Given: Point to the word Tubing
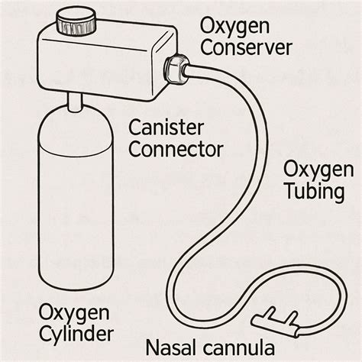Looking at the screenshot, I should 314,190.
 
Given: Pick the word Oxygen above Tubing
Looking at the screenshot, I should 318,167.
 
